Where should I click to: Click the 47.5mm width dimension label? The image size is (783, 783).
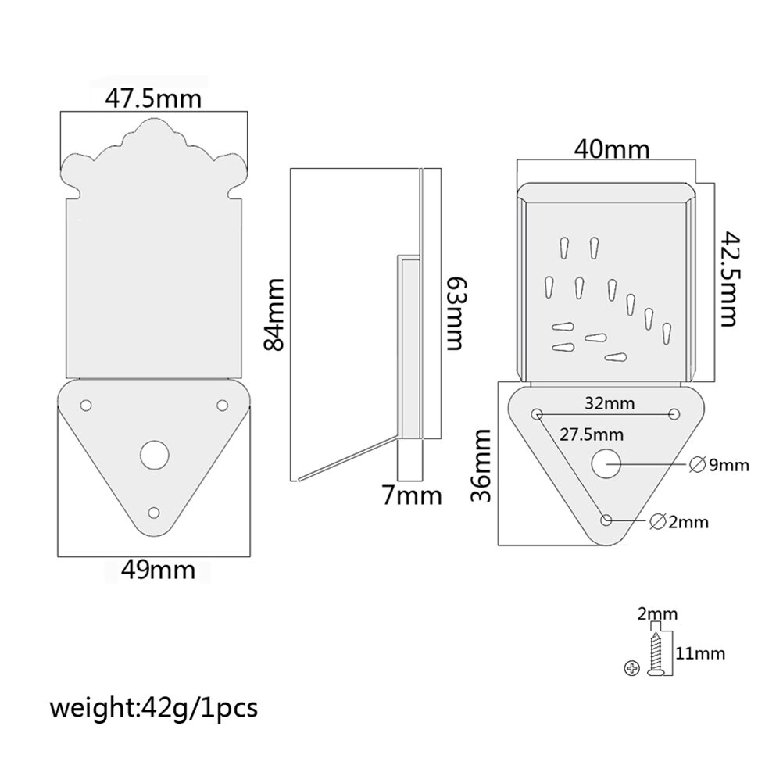(153, 99)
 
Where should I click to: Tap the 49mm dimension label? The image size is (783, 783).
(159, 570)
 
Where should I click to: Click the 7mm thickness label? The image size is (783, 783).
(412, 495)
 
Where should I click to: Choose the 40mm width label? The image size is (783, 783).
(612, 148)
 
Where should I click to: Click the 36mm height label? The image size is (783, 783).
(481, 466)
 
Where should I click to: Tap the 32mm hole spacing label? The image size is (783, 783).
(610, 403)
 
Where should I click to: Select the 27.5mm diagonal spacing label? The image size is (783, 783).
(592, 434)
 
